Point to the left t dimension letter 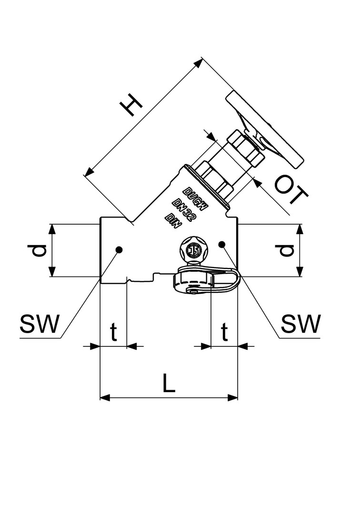[114, 333]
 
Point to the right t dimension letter [224, 333]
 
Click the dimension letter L [168, 383]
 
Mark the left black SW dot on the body [119, 249]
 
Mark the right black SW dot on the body [221, 244]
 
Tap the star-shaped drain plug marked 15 [193, 249]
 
